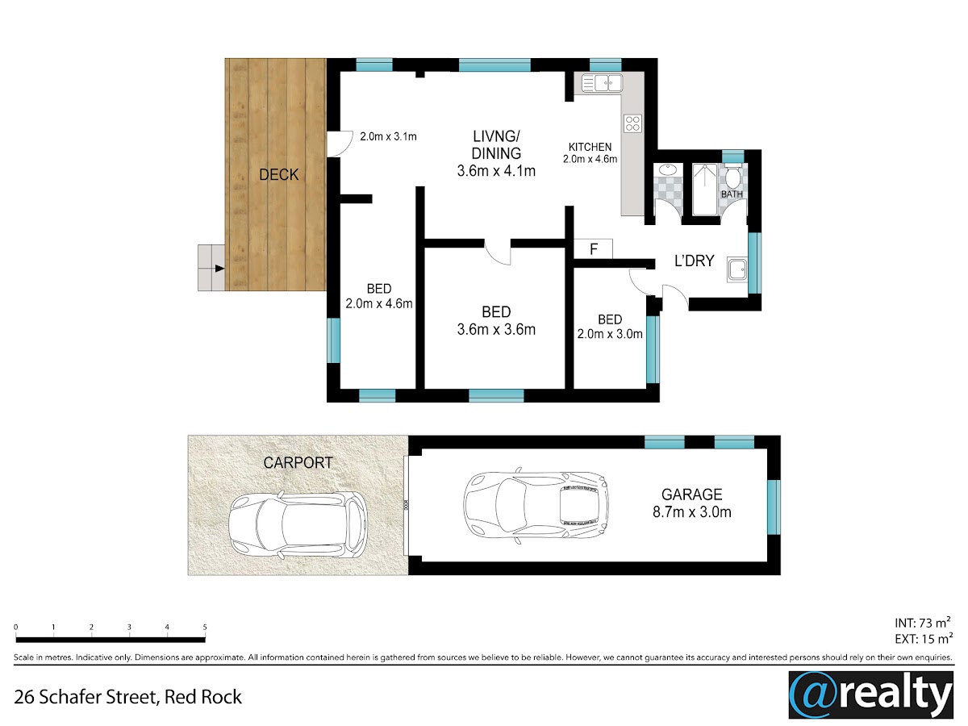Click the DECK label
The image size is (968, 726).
[x=279, y=175]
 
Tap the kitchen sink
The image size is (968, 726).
[x=602, y=83]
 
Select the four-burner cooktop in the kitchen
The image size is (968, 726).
[x=632, y=123]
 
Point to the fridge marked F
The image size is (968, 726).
[x=593, y=249]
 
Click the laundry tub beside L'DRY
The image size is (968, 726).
[x=737, y=269]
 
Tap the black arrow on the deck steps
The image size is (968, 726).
[x=219, y=268]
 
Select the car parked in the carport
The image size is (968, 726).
[x=298, y=525]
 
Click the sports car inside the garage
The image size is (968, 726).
[x=536, y=505]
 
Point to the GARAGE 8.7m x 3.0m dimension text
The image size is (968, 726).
[x=691, y=503]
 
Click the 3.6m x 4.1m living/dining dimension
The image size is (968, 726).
[x=496, y=171]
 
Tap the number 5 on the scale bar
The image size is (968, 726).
[x=205, y=627]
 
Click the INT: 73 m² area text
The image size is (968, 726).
[x=922, y=623]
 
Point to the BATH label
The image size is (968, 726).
[x=732, y=194]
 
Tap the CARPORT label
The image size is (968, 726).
[x=298, y=463]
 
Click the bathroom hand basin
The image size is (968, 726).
[x=668, y=169]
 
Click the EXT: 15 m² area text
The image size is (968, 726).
[x=924, y=639]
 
